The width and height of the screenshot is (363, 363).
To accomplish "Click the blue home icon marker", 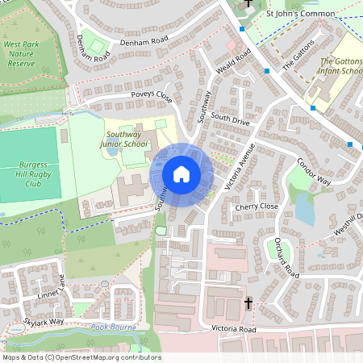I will pyautogui.click(x=181, y=174).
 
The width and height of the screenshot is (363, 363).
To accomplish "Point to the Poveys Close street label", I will pyautogui.click(x=152, y=97).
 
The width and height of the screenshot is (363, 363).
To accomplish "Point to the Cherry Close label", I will pyautogui.click(x=256, y=207).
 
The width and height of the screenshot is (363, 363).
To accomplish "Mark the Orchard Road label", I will pyautogui.click(x=286, y=258).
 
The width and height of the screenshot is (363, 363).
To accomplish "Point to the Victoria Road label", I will pyautogui.click(x=233, y=329).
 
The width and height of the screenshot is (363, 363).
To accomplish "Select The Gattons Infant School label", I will pyautogui.click(x=340, y=66).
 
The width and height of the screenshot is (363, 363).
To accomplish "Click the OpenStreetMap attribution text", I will pyautogui.click(x=81, y=357).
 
